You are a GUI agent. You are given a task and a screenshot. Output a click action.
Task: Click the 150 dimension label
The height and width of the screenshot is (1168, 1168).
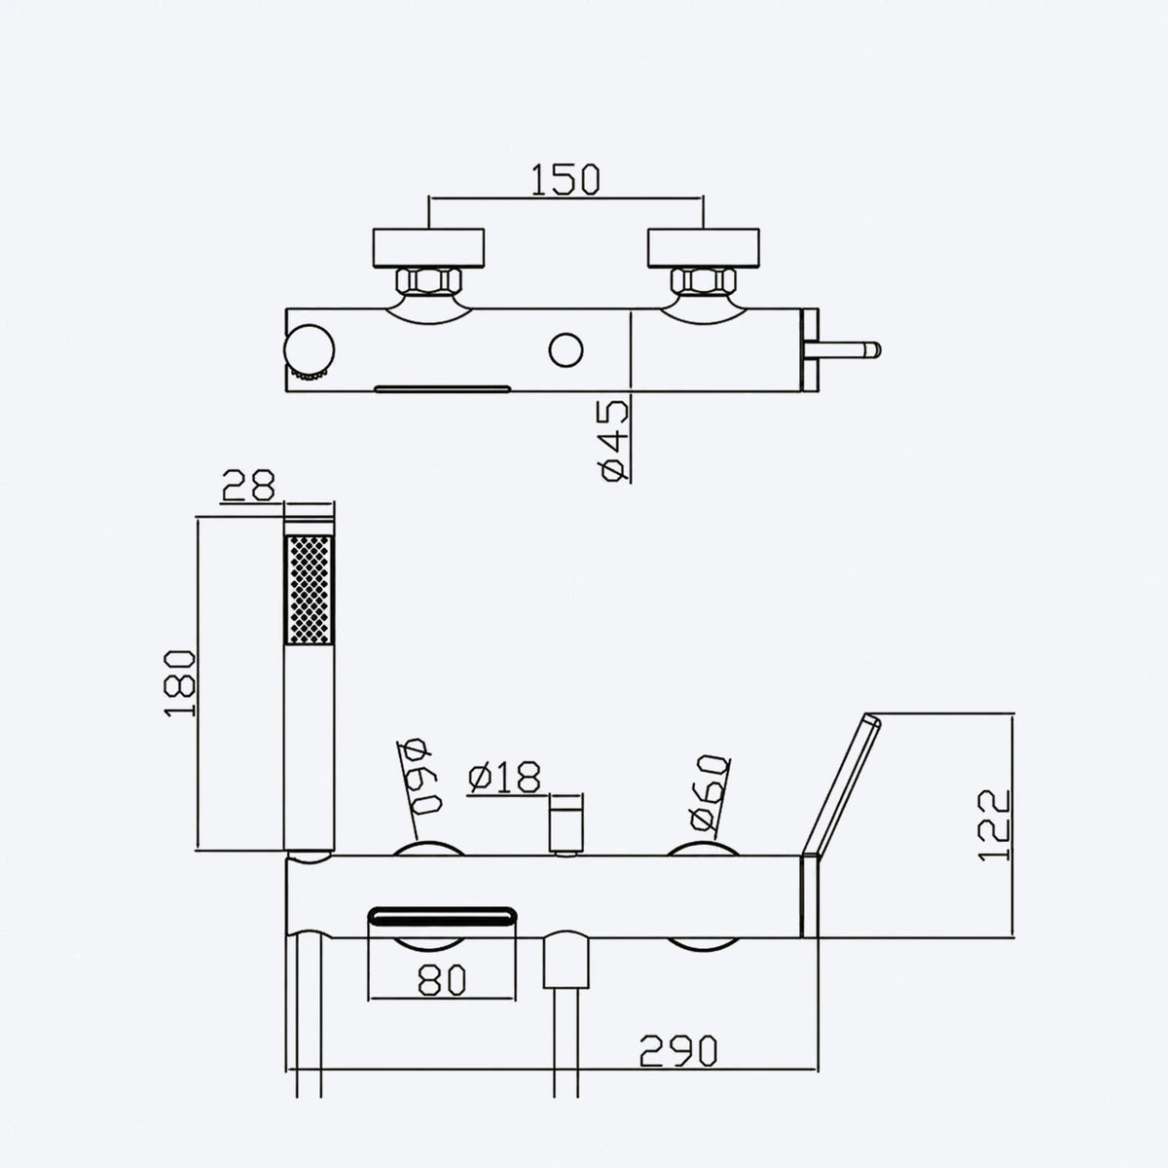coord(566,179)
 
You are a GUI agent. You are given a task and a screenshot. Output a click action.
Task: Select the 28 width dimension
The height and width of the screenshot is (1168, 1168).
coord(248,486)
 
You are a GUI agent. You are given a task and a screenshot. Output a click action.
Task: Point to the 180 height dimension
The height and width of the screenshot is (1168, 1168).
coord(180,683)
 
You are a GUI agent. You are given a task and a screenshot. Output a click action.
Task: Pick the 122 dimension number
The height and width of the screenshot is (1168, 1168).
coord(994,824)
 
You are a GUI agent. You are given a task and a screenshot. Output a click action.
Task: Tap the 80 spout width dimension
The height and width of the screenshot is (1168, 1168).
coord(443,980)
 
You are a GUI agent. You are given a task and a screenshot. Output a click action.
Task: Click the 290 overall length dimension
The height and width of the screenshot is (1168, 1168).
coord(678,1051)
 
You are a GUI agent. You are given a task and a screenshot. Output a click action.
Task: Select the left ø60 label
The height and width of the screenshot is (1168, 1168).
coord(419,777)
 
